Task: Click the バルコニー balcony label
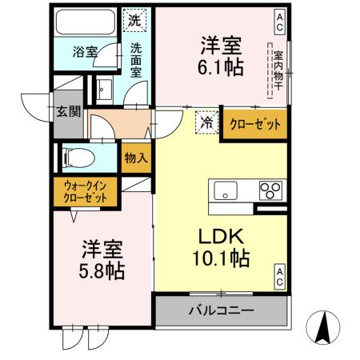tap(222, 310)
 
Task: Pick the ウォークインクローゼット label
tap(86, 191)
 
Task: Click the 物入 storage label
tap(136, 158)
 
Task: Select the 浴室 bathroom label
tap(86, 51)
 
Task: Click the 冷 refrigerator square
tap(206, 122)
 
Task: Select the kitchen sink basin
tap(224, 191)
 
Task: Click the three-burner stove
tap(270, 190)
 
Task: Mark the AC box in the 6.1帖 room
tap(280, 17)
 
